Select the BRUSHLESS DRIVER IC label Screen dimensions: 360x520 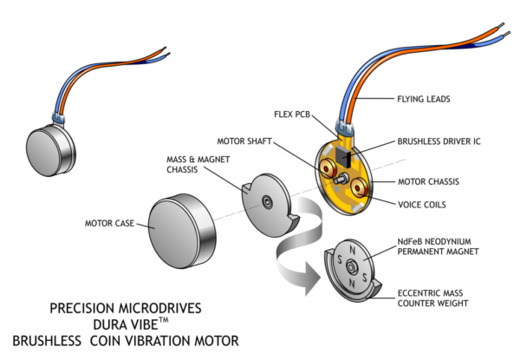[439, 141]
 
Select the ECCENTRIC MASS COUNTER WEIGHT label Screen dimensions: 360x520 [433, 298]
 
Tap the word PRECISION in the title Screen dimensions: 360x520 [80, 307]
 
